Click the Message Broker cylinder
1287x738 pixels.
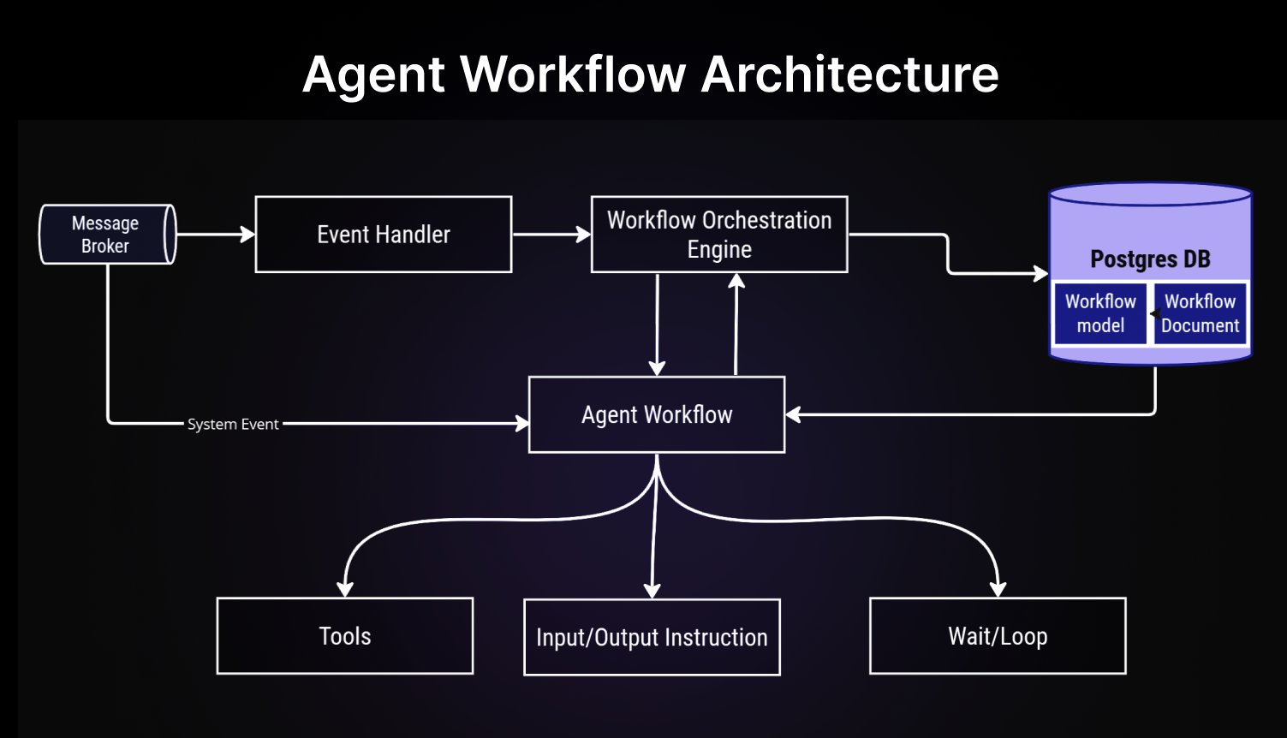coord(107,235)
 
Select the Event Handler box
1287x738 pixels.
coord(384,235)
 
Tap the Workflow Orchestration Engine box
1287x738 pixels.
coord(719,235)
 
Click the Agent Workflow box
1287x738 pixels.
coord(657,414)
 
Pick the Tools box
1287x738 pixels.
coord(345,636)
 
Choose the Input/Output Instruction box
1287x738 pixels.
coord(652,638)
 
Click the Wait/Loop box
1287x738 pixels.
coord(998,636)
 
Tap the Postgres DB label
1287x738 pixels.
coord(1150,259)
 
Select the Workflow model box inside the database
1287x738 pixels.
coord(1100,313)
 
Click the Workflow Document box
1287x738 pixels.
coord(1201,313)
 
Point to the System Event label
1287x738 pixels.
coord(233,424)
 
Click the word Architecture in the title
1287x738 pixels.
coord(849,74)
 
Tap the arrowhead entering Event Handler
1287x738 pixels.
coord(248,235)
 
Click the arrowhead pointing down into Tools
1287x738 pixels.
coord(345,589)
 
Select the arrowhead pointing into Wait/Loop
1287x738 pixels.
coord(998,589)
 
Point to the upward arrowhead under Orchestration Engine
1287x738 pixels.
coord(736,280)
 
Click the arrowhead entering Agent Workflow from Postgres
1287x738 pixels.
coord(793,414)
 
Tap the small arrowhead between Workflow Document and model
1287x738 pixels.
coord(1155,313)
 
